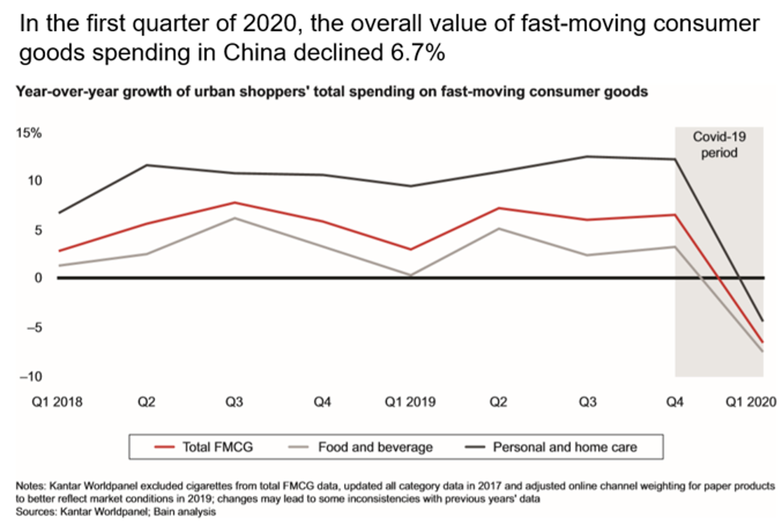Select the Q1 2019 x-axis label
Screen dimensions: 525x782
(410, 402)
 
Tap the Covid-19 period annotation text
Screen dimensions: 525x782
(719, 144)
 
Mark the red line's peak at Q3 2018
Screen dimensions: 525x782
(235, 202)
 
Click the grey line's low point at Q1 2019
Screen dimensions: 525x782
(411, 276)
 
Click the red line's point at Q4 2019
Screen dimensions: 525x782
(676, 214)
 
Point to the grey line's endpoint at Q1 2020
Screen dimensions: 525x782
(763, 351)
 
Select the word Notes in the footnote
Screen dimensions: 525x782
(29, 485)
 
